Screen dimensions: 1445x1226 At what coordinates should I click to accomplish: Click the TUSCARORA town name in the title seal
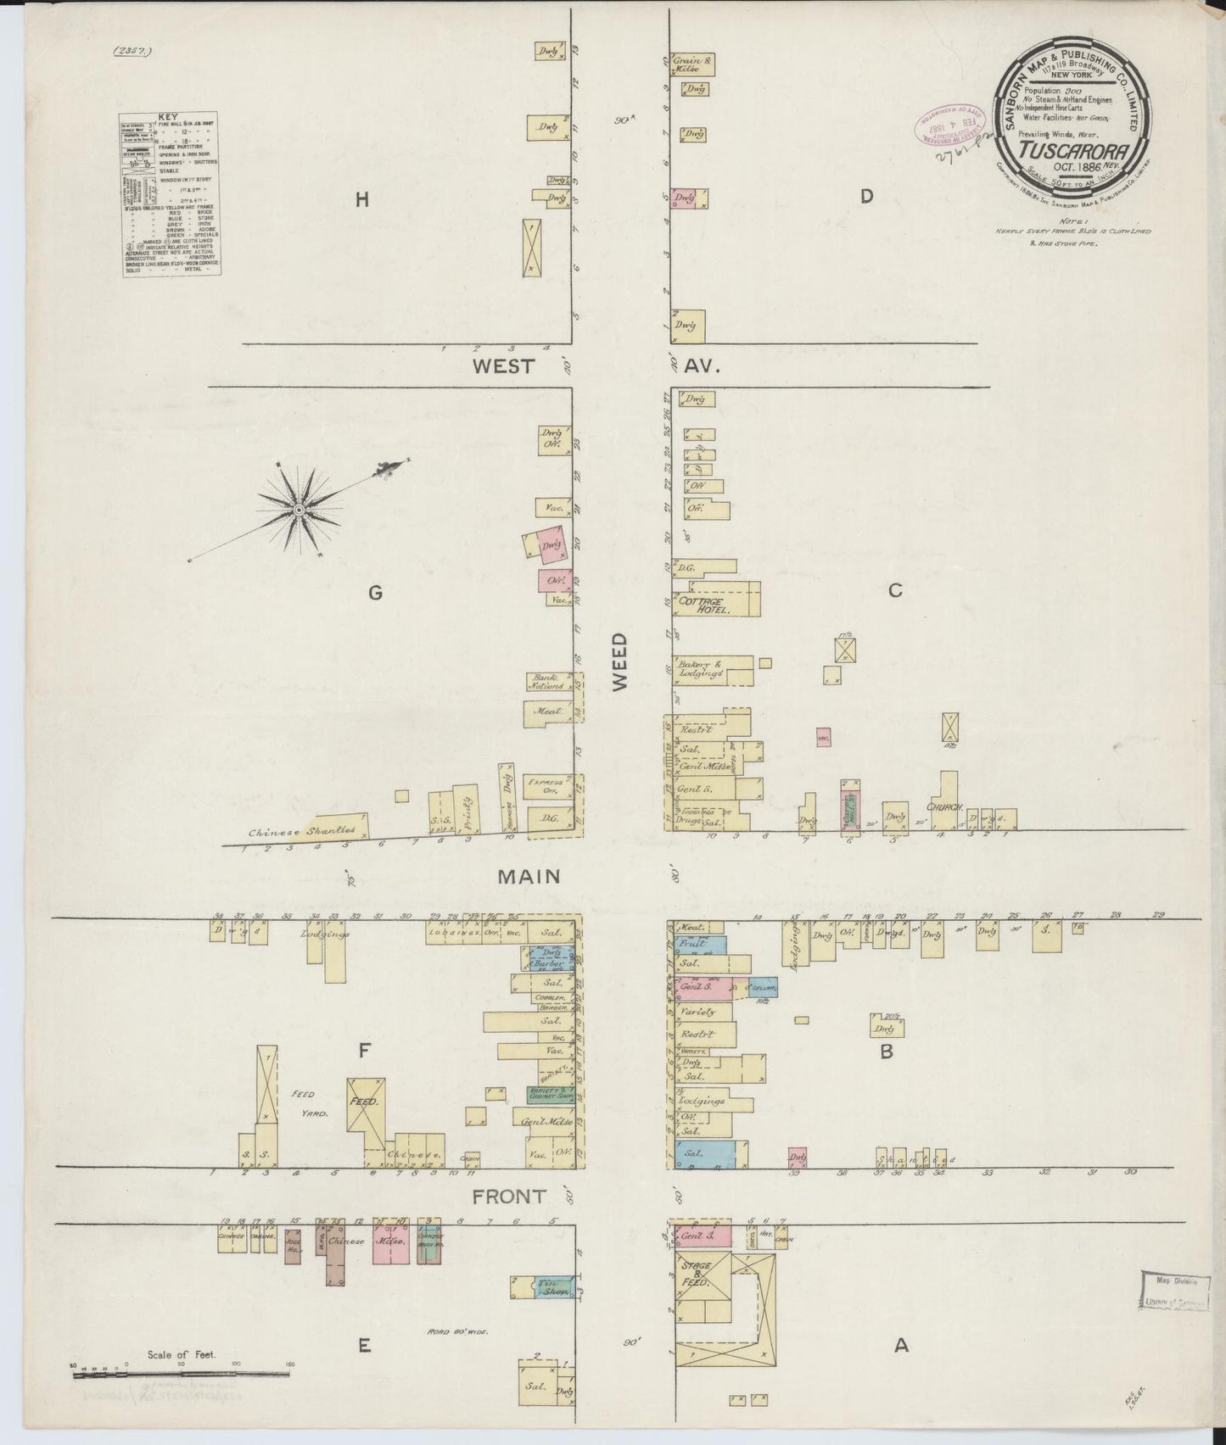pyautogui.click(x=1077, y=151)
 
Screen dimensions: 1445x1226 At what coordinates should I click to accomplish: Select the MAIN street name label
pyautogui.click(x=529, y=875)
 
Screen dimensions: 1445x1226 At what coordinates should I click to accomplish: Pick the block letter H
pyautogui.click(x=362, y=200)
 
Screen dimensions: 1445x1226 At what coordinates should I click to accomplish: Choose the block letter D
pyautogui.click(x=865, y=197)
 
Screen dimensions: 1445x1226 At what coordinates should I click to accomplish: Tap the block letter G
pyautogui.click(x=374, y=594)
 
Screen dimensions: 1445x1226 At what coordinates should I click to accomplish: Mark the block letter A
pyautogui.click(x=901, y=1344)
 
